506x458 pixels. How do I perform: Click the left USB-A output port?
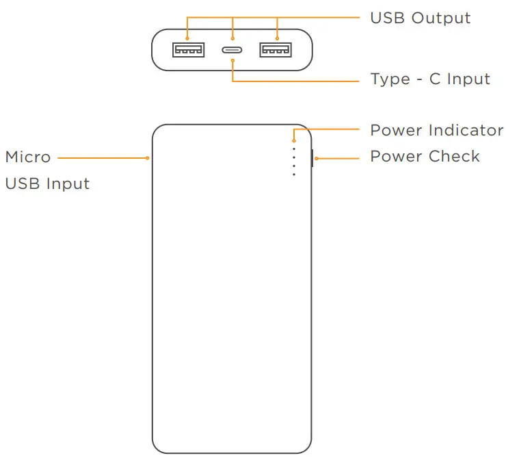188,49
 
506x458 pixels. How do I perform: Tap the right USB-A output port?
276,49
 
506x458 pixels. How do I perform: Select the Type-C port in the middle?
232,49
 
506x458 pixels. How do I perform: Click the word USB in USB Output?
388,18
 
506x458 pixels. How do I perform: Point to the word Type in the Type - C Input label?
390,79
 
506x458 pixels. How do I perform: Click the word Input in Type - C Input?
468,79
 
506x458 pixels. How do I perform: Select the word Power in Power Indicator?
397,130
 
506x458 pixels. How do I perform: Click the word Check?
455,157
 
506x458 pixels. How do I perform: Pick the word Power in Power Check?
397,157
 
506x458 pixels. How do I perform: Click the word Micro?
28,157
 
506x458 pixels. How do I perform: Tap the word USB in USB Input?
22,184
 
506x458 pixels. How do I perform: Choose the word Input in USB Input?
67,184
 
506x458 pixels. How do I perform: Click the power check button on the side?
312,158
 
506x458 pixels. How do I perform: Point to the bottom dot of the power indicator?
294,175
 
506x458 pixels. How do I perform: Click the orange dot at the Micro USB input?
148,157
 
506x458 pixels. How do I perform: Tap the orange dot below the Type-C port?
232,60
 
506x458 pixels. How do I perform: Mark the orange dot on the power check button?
317,158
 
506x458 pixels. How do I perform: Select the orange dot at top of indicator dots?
294,140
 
